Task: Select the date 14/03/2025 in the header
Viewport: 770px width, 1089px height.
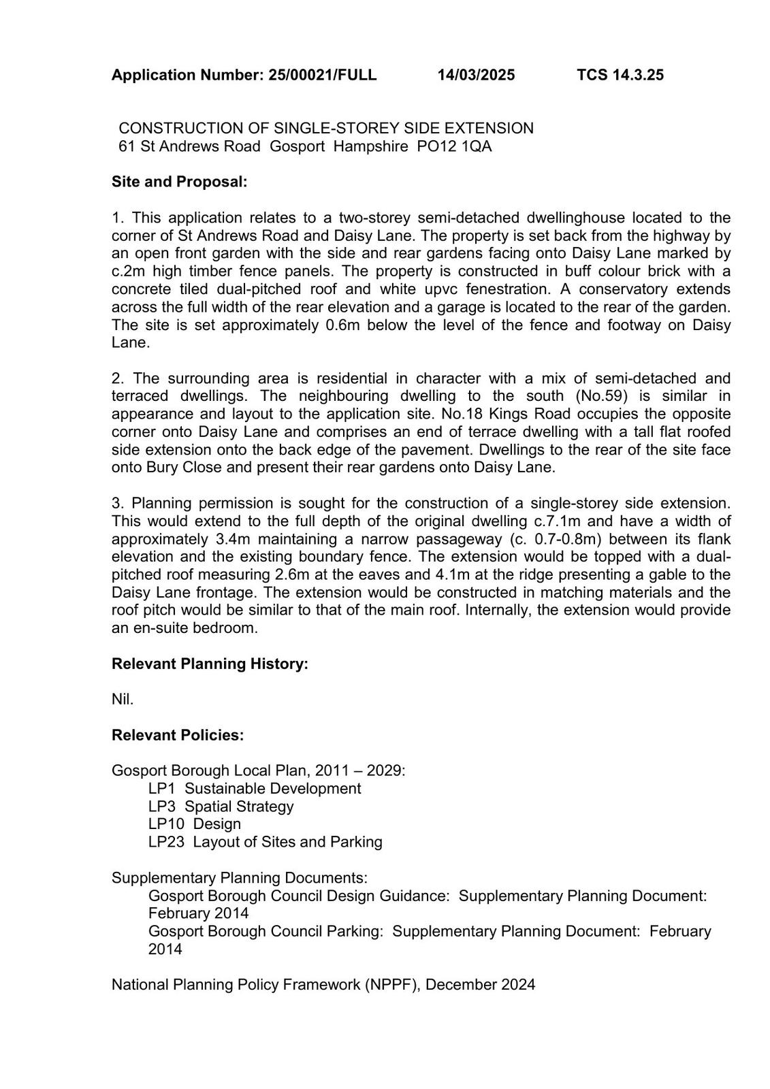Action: pyautogui.click(x=476, y=75)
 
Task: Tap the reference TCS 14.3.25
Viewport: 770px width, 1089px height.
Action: pyautogui.click(x=620, y=75)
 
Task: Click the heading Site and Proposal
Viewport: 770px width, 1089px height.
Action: pyautogui.click(x=179, y=182)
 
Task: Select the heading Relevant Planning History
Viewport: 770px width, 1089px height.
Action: pyautogui.click(x=210, y=664)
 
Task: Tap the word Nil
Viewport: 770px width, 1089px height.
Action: pyautogui.click(x=123, y=700)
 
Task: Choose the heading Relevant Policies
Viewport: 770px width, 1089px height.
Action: pyautogui.click(x=178, y=735)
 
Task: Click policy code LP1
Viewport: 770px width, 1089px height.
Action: pyautogui.click(x=162, y=789)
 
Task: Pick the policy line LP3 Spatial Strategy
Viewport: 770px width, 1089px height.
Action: pyautogui.click(x=221, y=807)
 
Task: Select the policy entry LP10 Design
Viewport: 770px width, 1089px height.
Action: pyautogui.click(x=195, y=824)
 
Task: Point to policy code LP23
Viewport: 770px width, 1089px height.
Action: pyautogui.click(x=166, y=842)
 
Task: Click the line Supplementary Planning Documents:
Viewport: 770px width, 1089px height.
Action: pyautogui.click(x=239, y=878)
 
